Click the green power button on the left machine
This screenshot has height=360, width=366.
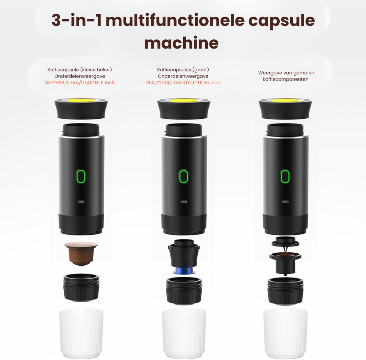tap(81, 176)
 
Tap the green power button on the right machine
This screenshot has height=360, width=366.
tap(285, 176)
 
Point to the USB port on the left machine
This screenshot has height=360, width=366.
tap(81, 201)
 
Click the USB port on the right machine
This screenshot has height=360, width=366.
tap(285, 201)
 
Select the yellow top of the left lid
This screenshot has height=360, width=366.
tap(81, 100)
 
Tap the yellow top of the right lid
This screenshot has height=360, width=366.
tap(285, 100)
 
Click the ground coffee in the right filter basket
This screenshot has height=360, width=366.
tap(285, 255)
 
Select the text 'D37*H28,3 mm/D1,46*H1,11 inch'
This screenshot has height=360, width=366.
tap(80, 83)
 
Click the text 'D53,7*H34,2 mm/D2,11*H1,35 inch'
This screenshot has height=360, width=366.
tap(183, 83)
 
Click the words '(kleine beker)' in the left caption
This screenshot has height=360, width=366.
tap(96, 70)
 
